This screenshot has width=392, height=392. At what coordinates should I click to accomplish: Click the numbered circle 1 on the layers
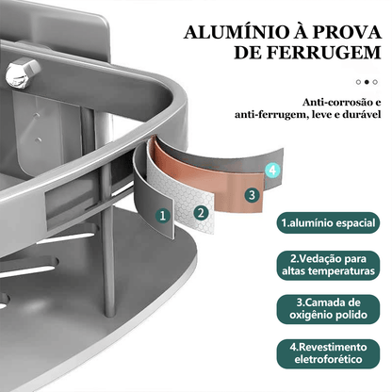pos(163,215)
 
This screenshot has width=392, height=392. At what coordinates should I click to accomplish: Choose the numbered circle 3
pos(251,195)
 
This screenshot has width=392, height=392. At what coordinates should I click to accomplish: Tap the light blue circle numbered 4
pos(272,171)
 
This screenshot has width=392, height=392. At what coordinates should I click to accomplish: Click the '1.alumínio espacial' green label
pos(327,224)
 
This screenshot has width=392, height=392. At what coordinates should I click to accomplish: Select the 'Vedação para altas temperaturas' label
pos(327,265)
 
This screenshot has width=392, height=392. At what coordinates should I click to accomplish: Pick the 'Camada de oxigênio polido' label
pos(327,309)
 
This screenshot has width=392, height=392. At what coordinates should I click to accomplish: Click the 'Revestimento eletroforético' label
pos(327,353)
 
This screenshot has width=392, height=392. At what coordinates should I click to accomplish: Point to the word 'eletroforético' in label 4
pos(327,361)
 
